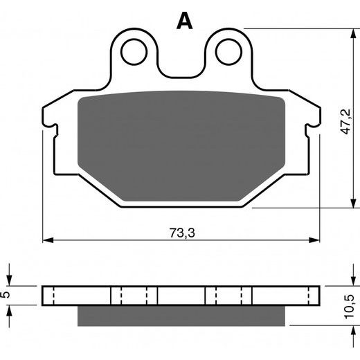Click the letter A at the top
pos(184,21)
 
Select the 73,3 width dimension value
pos(182,233)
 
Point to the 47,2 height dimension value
pos(346,122)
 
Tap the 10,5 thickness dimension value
pos(349,307)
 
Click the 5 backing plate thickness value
pos(6,294)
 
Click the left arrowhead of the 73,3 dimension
pos(48,240)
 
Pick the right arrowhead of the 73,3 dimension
pos(314,240)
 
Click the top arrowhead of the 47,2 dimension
pos(353,34)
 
